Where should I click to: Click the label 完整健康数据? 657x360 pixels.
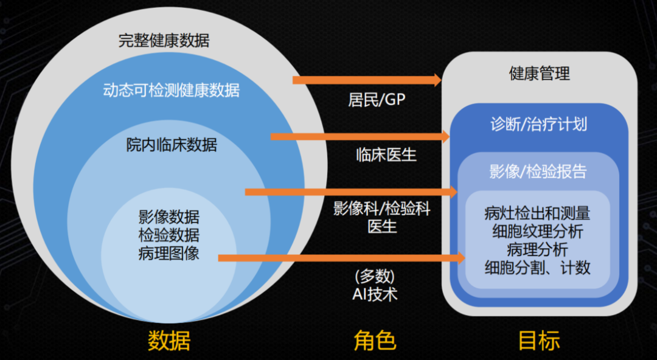(164, 41)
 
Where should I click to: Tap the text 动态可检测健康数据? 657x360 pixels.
(172, 91)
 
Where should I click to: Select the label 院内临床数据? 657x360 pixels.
(172, 145)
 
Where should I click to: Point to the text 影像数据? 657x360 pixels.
(169, 216)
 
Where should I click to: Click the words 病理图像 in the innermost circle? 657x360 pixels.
(169, 252)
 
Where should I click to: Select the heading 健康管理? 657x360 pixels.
(540, 74)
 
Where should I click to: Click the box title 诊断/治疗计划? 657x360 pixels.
(539, 123)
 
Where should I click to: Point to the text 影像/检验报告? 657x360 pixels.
(538, 171)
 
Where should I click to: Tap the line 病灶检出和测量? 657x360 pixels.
(538, 213)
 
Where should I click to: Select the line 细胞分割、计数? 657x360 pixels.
(538, 268)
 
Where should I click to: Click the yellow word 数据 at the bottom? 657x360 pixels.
(169, 341)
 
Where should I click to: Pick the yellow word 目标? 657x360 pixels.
(539, 341)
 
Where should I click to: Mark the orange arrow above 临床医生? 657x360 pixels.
(358, 136)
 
